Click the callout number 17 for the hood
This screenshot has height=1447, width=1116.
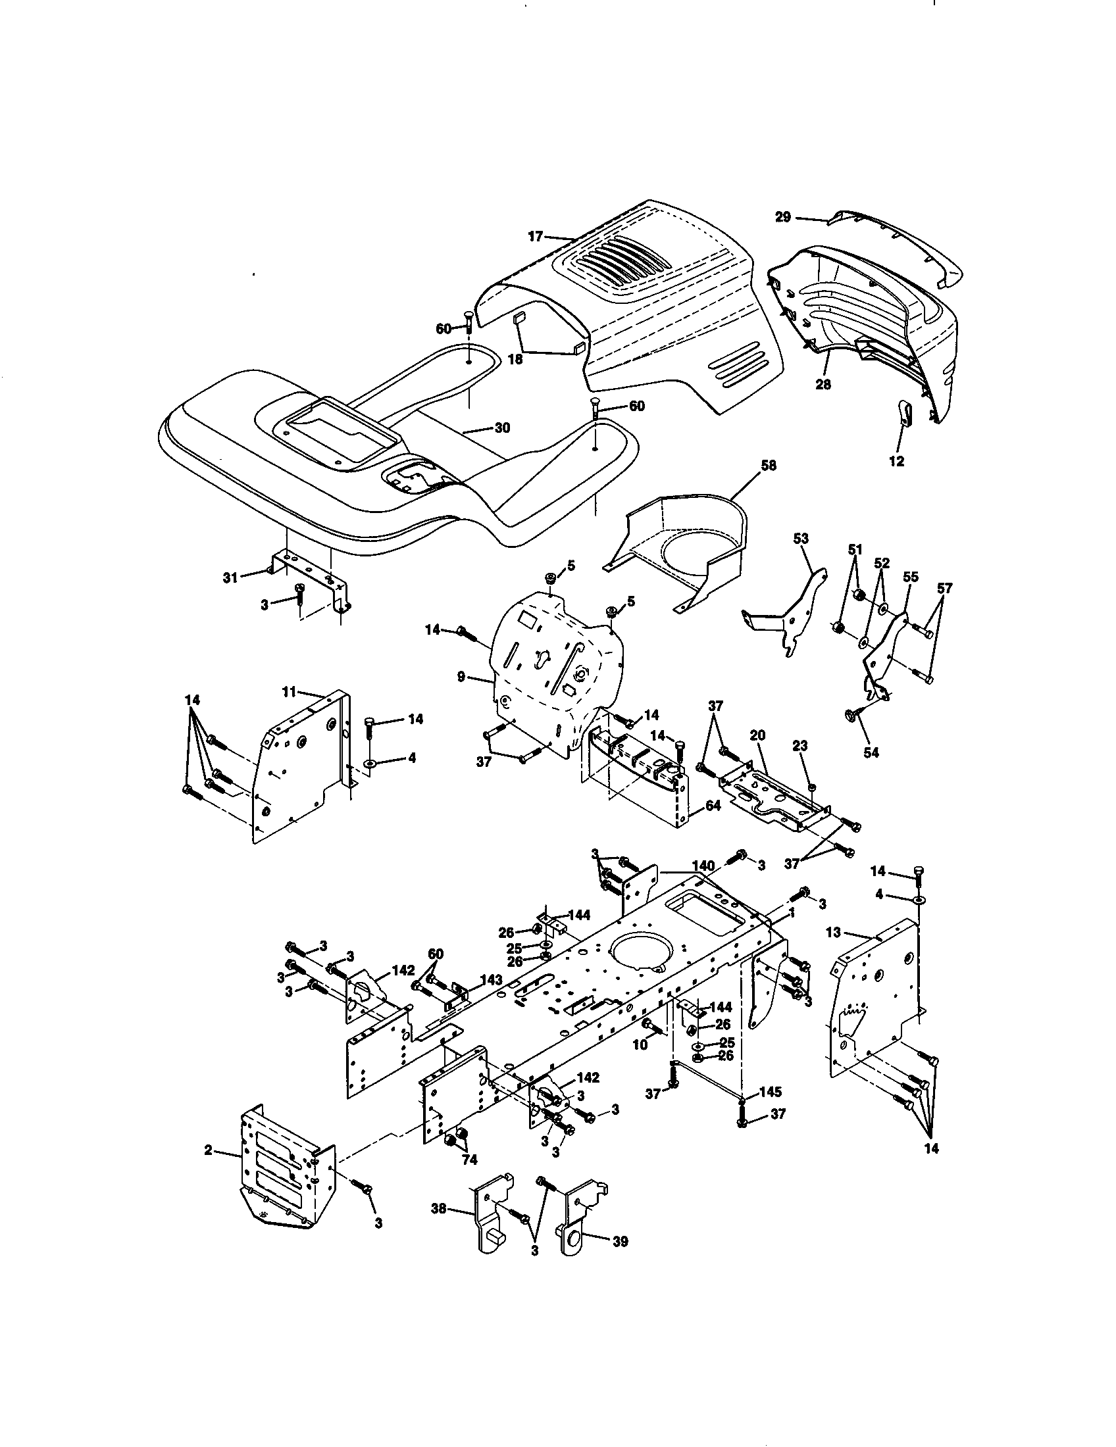(536, 236)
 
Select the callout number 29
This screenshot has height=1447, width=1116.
(782, 216)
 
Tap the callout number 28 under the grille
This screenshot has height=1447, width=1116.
(823, 383)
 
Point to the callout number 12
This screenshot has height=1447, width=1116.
(896, 462)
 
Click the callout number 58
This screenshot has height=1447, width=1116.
(769, 466)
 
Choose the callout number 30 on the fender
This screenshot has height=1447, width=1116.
(502, 428)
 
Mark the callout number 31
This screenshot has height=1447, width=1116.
(229, 577)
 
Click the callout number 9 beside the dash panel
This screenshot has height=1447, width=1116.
(461, 677)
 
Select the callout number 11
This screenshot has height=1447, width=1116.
(288, 692)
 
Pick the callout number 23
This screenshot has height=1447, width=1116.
(800, 746)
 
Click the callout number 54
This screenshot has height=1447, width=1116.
(871, 752)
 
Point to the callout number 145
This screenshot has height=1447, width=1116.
(770, 1091)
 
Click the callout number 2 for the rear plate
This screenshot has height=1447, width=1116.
(208, 1150)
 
